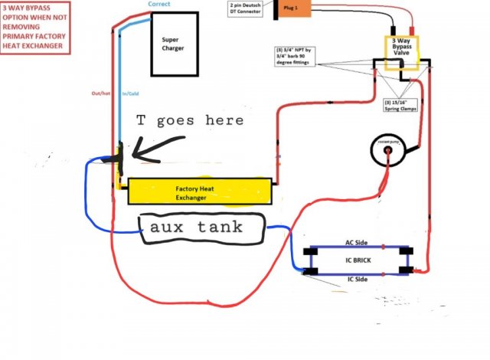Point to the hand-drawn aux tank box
201,226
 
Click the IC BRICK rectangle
358,260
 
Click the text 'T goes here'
190,120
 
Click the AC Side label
358,243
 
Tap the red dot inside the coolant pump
389,152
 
